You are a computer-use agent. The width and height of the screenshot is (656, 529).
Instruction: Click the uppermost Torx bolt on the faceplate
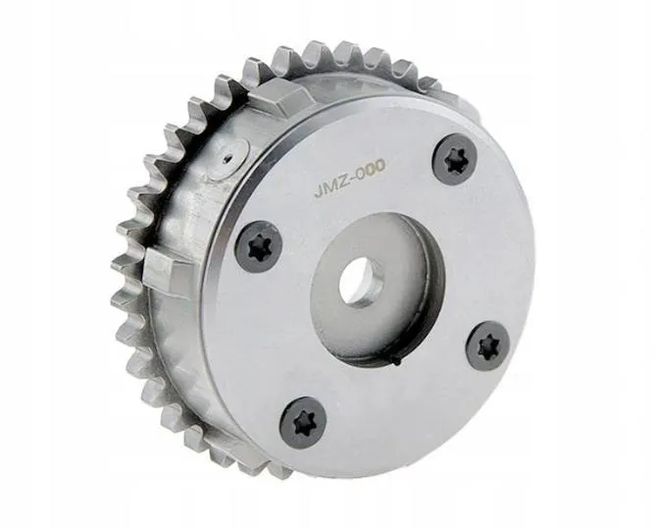454,158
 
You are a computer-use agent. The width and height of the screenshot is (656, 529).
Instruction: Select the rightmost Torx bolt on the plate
487,346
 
